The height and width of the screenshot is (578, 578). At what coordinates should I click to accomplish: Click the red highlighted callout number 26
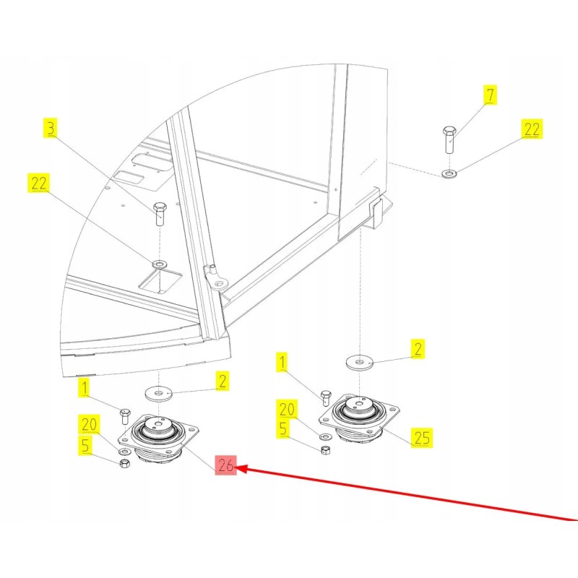point(226,467)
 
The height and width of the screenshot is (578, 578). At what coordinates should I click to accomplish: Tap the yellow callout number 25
point(421,437)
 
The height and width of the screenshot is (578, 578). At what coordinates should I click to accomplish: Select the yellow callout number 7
point(490,95)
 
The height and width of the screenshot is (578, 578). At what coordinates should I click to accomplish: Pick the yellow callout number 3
point(50,129)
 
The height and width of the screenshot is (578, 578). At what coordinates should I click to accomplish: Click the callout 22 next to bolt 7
point(531,129)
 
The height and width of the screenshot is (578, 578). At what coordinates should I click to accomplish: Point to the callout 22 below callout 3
point(38,183)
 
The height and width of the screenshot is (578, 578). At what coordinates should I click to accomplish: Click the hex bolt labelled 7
point(448,139)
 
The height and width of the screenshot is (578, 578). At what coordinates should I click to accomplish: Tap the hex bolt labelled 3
point(160,215)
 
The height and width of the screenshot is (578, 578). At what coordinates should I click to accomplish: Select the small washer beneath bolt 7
point(449,173)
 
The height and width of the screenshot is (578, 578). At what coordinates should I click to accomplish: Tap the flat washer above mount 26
point(158,393)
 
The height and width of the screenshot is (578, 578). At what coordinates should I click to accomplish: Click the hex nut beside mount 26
point(124,462)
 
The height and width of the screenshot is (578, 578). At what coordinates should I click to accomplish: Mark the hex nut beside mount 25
point(324,449)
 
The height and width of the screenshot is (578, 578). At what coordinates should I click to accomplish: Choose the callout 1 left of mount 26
point(85,389)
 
